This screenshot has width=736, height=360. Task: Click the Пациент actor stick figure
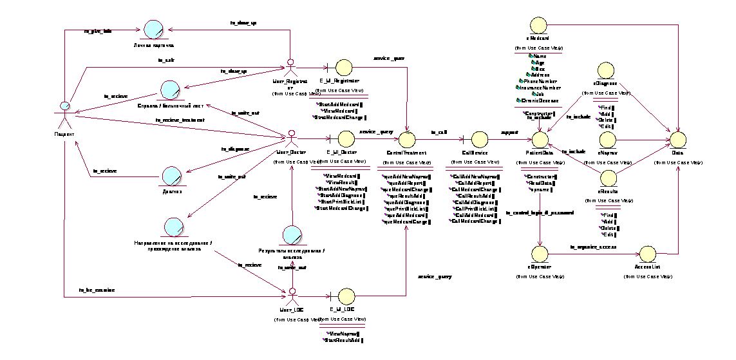click(64, 113)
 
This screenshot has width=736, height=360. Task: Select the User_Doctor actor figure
click(291, 138)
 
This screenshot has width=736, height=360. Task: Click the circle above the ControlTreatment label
click(407, 138)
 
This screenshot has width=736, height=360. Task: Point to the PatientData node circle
click(540, 138)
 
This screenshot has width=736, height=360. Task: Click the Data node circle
click(678, 138)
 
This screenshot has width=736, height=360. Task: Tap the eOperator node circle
click(540, 252)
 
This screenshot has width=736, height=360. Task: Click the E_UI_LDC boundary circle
click(346, 296)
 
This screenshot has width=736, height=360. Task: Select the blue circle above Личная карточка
click(153, 30)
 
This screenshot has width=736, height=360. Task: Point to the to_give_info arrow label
click(98, 31)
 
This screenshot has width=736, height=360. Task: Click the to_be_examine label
click(97, 290)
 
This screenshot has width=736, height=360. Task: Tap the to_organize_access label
click(593, 247)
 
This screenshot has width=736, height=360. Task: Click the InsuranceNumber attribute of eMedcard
click(539, 88)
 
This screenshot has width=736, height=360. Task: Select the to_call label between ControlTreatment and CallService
click(439, 131)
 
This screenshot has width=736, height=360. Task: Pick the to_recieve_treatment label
click(180, 120)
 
